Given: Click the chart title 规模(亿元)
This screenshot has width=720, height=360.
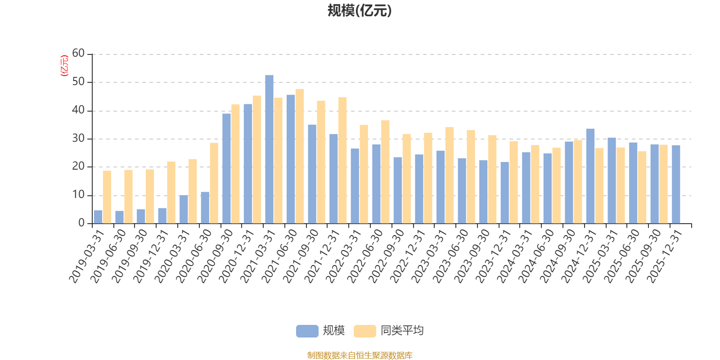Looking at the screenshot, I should click(x=360, y=11).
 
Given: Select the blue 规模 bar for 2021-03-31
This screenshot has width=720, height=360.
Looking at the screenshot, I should click(x=269, y=149).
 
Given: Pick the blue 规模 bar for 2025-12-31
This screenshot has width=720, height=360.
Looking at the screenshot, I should click(x=676, y=184).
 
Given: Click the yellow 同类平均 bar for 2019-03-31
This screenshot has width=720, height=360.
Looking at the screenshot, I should click(x=107, y=197).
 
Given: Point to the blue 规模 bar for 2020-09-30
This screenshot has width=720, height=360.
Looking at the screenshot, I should click(x=226, y=168).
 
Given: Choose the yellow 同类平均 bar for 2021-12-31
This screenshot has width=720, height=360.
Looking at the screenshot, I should click(x=342, y=160).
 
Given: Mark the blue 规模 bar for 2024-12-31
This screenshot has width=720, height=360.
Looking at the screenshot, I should click(x=590, y=176).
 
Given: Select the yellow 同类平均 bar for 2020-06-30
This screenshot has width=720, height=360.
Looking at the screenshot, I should click(x=214, y=183).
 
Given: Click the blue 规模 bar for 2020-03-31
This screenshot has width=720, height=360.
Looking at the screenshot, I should click(x=184, y=209).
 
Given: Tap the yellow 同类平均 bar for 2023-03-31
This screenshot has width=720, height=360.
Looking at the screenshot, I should click(x=450, y=175).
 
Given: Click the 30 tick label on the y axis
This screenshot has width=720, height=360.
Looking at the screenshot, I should click(x=78, y=139).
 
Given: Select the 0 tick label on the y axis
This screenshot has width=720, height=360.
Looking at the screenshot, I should click(x=81, y=223).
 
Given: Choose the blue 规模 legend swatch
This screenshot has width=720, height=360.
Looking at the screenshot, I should click(x=307, y=331).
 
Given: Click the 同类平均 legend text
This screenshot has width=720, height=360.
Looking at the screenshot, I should click(x=402, y=331).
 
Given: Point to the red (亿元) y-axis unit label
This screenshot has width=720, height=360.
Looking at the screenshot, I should click(x=64, y=66).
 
